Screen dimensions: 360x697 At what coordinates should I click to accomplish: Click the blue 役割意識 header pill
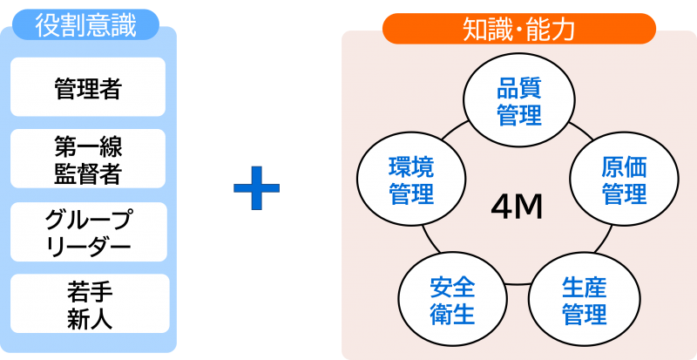[x=85, y=24]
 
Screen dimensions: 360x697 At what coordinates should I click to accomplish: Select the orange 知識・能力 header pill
[x=518, y=29]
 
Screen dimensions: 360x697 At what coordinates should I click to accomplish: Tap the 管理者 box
[x=88, y=88]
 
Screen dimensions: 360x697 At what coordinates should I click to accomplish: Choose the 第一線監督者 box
[x=88, y=159]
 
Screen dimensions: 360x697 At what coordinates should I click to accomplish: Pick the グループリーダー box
[x=88, y=232]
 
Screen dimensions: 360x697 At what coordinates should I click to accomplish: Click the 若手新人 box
[x=88, y=303]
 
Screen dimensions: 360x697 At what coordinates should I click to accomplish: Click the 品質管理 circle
[x=519, y=101]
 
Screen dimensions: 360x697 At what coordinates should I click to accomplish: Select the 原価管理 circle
[x=625, y=180]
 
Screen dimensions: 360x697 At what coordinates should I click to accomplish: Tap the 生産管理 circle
[x=585, y=300]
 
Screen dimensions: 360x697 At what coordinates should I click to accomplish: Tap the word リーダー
[x=88, y=247]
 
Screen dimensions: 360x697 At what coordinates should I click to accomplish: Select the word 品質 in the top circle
[x=519, y=88]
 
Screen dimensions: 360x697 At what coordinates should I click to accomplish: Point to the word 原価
[x=625, y=166]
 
